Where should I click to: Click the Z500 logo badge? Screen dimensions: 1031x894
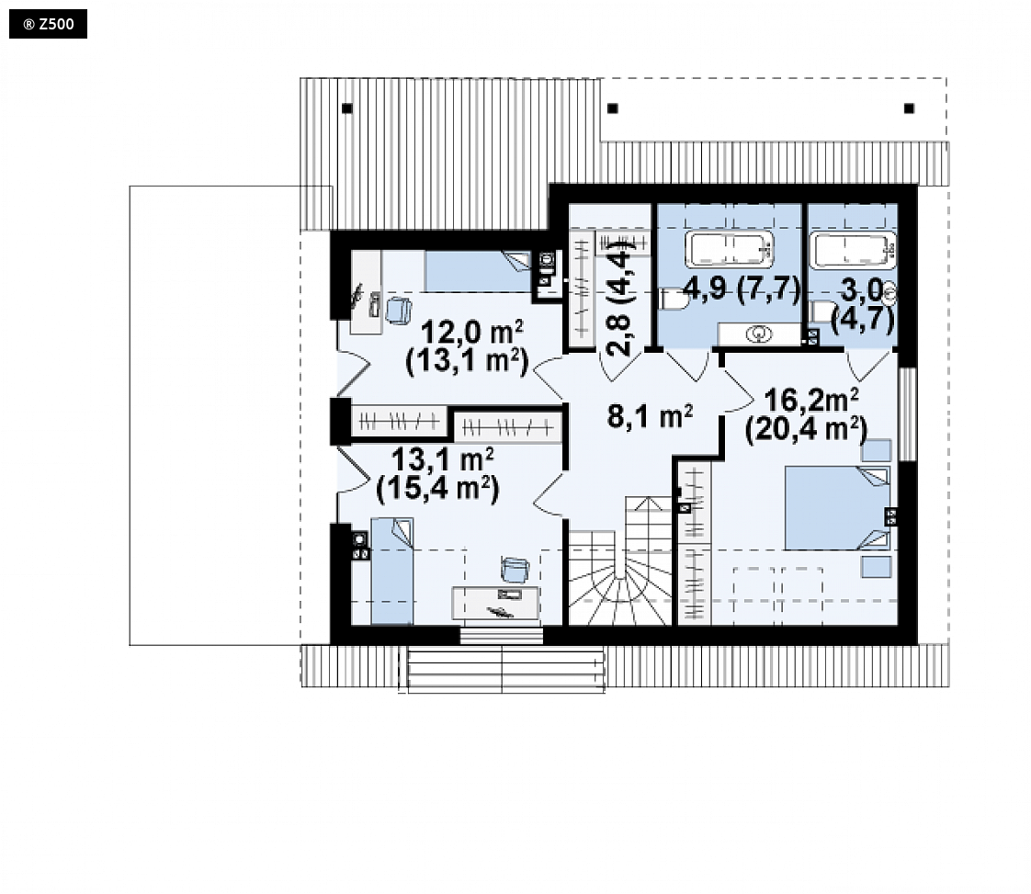pos(48,24)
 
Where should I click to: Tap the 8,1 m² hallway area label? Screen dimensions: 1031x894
pos(649,416)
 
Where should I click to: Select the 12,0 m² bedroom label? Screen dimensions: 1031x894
pos(470,332)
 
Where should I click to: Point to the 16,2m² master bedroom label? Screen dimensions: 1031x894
pos(810,400)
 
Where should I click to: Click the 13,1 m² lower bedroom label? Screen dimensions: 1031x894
pos(442,459)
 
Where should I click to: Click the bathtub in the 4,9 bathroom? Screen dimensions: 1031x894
pos(729,249)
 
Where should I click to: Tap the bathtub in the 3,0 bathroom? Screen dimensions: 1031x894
pos(853,250)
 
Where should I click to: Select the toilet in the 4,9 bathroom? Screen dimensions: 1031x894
pos(673,300)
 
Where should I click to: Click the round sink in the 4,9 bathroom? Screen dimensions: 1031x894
pos(758,334)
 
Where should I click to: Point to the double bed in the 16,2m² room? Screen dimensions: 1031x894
pos(837,507)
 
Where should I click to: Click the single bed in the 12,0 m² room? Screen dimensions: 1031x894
pos(477,271)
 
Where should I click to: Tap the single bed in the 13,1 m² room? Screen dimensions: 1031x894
pos(391,571)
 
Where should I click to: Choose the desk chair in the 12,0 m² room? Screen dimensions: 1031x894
pos(398,311)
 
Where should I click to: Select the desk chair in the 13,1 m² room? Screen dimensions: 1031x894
pos(515,570)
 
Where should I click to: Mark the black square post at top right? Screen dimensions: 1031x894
pos(909,108)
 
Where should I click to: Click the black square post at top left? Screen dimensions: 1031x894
pos(347,108)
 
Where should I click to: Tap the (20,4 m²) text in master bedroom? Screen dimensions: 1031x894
pos(806,429)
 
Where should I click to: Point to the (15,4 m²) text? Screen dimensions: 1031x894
pos(438,489)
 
